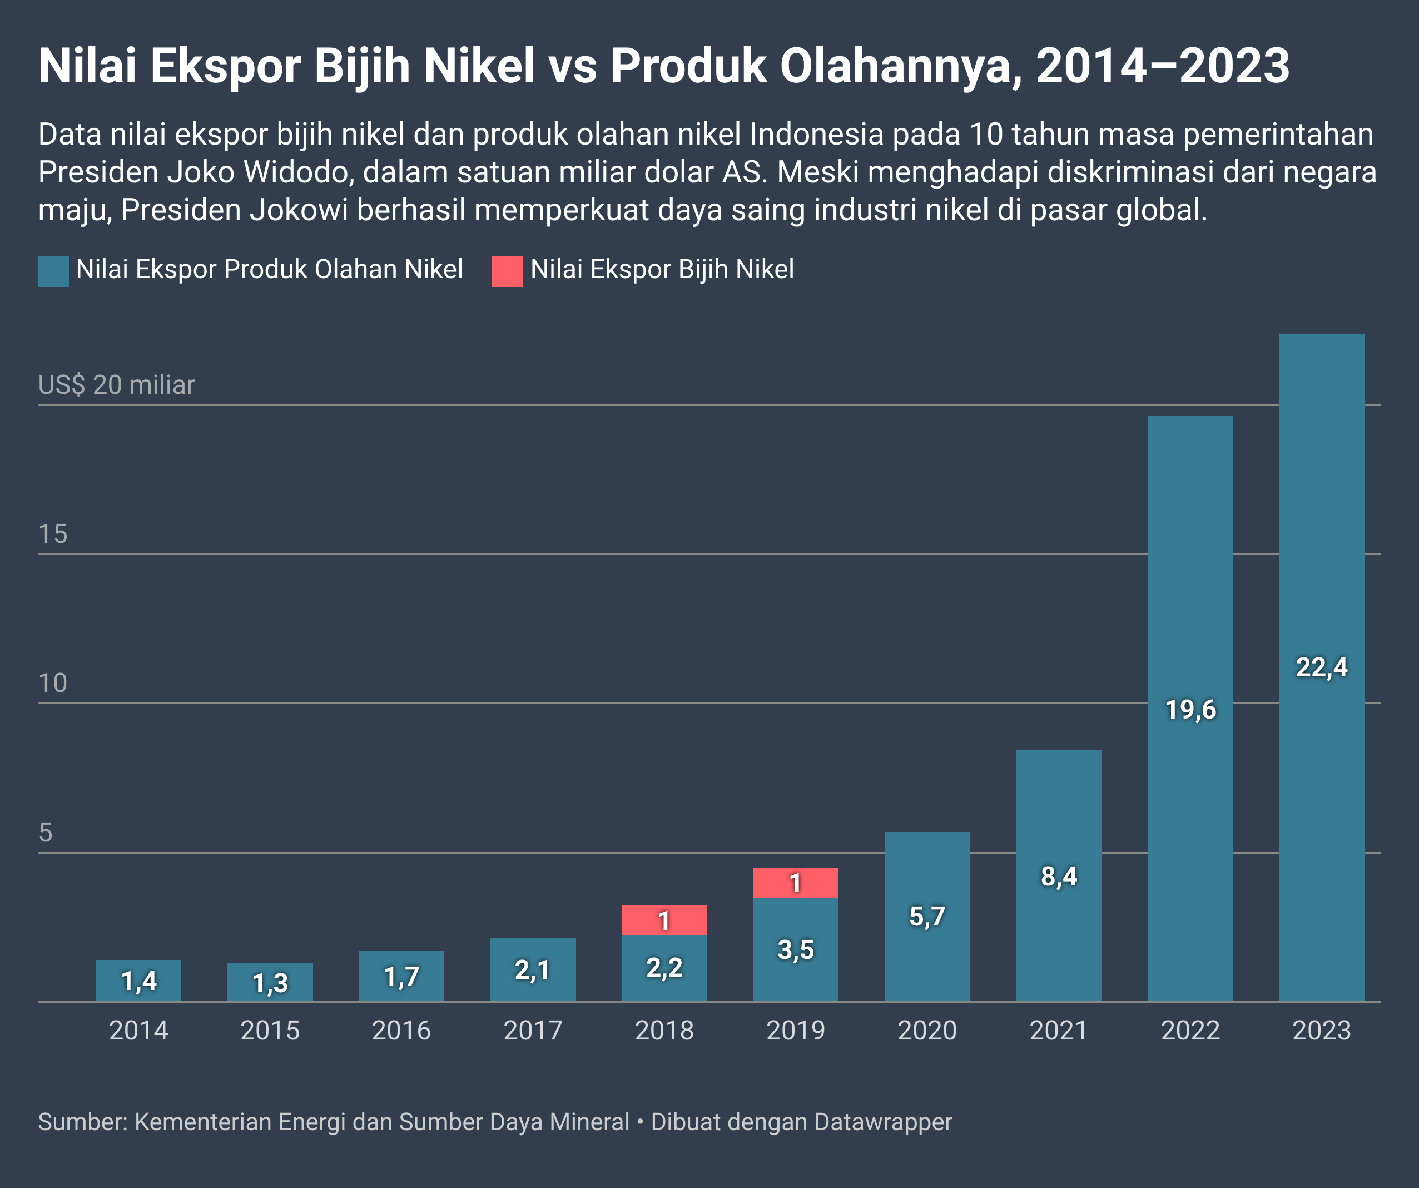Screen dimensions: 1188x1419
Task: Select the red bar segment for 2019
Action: coord(795,883)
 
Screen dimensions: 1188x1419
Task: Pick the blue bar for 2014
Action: coord(138,980)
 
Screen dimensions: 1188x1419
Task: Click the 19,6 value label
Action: coord(1190,710)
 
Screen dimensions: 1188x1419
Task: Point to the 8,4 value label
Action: coord(1058,877)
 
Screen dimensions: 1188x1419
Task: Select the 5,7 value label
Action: coord(926,917)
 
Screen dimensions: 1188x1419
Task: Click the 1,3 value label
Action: coord(270,983)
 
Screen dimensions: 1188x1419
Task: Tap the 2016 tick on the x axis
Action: coord(401,1031)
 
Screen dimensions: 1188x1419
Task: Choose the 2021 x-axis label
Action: coord(1058,1031)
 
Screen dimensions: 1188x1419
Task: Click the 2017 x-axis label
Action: coord(533,1031)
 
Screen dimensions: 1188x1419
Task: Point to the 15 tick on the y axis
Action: coord(53,534)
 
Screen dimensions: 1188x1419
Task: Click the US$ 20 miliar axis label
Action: coord(116,384)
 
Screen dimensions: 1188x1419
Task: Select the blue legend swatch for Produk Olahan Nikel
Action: coord(53,271)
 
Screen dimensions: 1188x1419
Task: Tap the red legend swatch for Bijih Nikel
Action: coord(506,271)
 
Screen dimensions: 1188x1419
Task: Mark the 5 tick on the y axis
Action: coord(45,833)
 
